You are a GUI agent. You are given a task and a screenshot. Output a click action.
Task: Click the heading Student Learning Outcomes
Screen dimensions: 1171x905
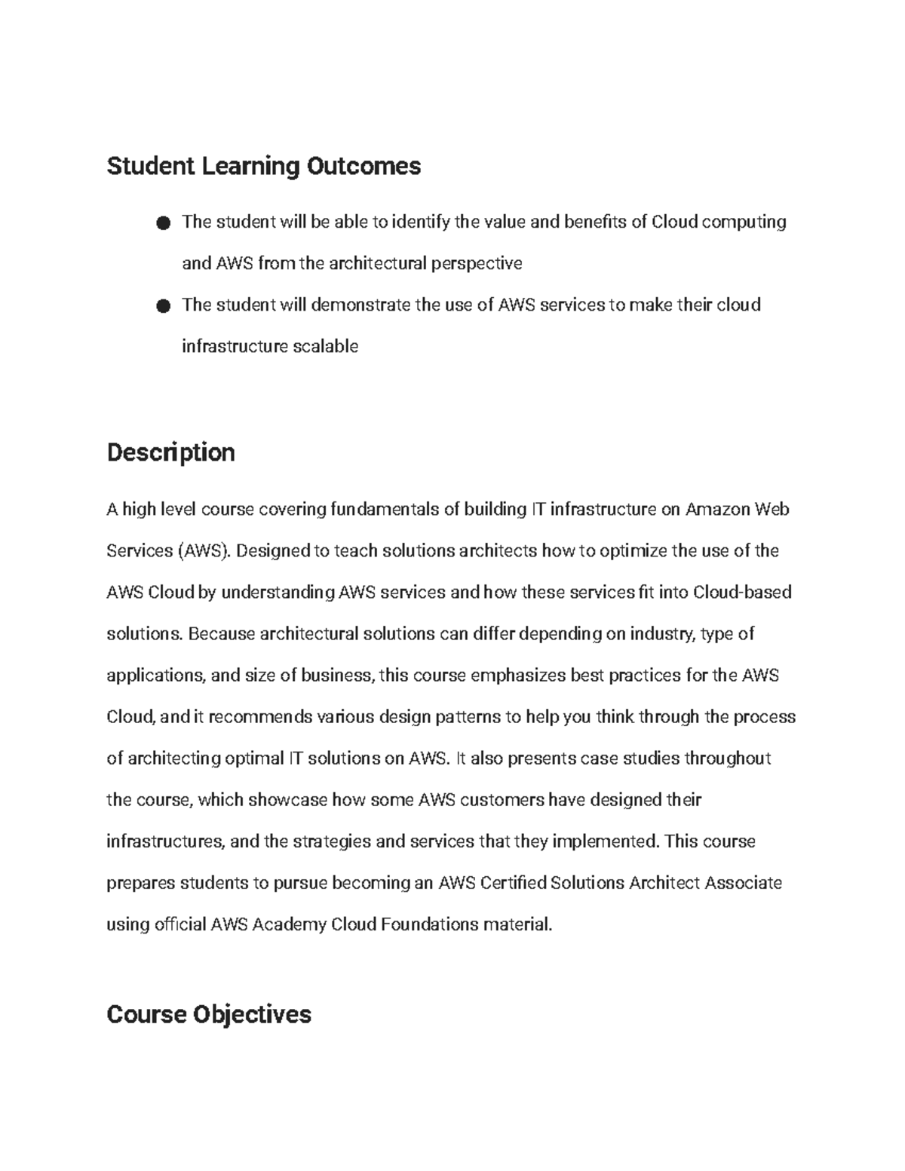tap(263, 166)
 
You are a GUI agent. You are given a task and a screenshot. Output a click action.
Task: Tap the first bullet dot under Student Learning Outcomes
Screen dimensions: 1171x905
tap(163, 222)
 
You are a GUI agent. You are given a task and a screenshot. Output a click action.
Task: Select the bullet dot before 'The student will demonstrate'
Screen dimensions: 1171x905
tap(163, 305)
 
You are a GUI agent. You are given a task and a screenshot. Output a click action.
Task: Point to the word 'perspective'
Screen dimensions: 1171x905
tap(476, 263)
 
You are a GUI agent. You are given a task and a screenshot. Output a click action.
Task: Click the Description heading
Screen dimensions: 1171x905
tap(170, 452)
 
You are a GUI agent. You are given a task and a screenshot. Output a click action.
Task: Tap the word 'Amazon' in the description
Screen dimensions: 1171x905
tap(717, 510)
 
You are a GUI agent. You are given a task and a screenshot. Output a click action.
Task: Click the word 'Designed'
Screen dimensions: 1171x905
tap(272, 551)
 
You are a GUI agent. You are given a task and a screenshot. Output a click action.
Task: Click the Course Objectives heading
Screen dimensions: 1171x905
tap(209, 1014)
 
